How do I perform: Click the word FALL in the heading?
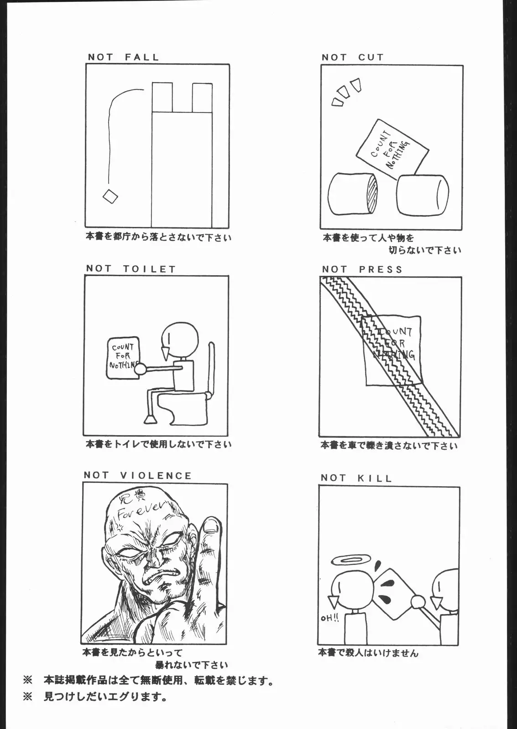pos(141,57)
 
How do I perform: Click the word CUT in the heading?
pos(371,57)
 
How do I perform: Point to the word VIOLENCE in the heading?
pos(156,476)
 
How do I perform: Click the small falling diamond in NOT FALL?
pos(110,197)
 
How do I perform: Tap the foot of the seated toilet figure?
pos(151,418)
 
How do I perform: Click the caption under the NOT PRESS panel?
pos(388,446)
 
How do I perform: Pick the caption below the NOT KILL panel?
pos(368,652)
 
